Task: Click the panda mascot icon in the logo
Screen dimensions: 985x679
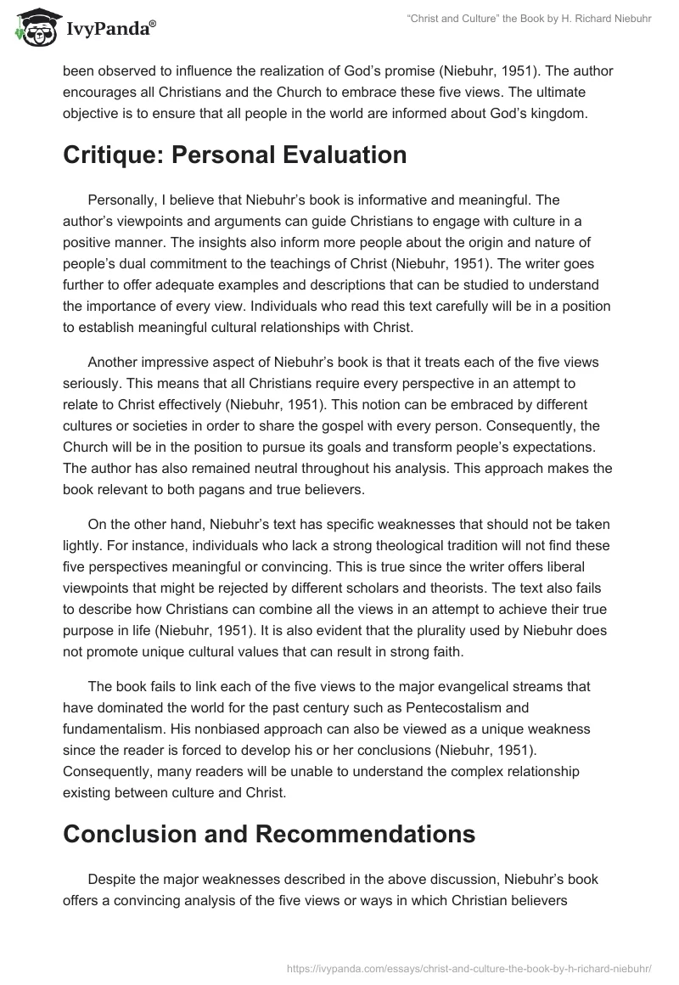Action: click(33, 27)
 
